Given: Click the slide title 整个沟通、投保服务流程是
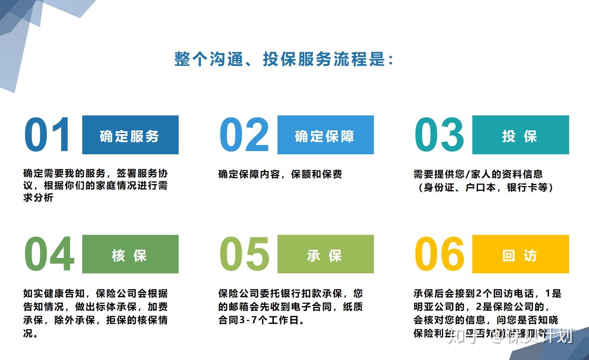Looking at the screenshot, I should pyautogui.click(x=284, y=59).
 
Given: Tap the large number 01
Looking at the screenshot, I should pyautogui.click(x=48, y=134).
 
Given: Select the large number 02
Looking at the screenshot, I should pyautogui.click(x=244, y=134).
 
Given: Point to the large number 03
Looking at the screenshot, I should pyautogui.click(x=439, y=134).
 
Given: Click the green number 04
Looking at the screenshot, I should pyautogui.click(x=49, y=254).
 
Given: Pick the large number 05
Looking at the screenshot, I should pyautogui.click(x=244, y=254).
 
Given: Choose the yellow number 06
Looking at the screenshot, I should pyautogui.click(x=440, y=254).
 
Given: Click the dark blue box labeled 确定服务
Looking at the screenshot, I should pyautogui.click(x=130, y=135).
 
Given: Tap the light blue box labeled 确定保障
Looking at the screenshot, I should pyautogui.click(x=325, y=135).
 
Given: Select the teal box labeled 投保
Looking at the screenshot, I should pyautogui.click(x=521, y=135).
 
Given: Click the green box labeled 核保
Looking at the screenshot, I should pyautogui.click(x=130, y=254).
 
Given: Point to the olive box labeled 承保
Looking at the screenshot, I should pyautogui.click(x=325, y=254).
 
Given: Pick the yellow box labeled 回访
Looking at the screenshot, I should pyautogui.click(x=521, y=254).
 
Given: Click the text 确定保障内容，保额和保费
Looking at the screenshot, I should pyautogui.click(x=280, y=174).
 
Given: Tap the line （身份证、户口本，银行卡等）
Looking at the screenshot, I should pyautogui.click(x=484, y=187).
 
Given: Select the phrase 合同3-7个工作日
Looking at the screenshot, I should pyautogui.click(x=261, y=320).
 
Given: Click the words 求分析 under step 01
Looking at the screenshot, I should pyautogui.click(x=38, y=198).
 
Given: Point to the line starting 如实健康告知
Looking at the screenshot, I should pyautogui.click(x=95, y=294).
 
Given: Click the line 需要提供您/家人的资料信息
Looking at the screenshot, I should pyautogui.click(x=478, y=174).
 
